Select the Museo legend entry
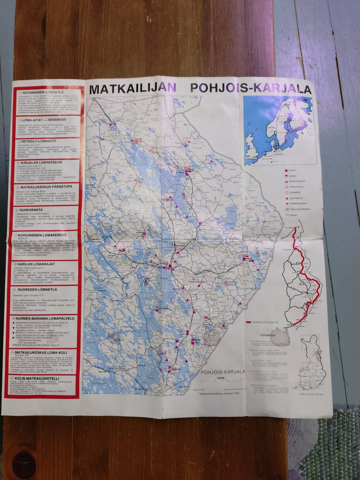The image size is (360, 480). point(293,215)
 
